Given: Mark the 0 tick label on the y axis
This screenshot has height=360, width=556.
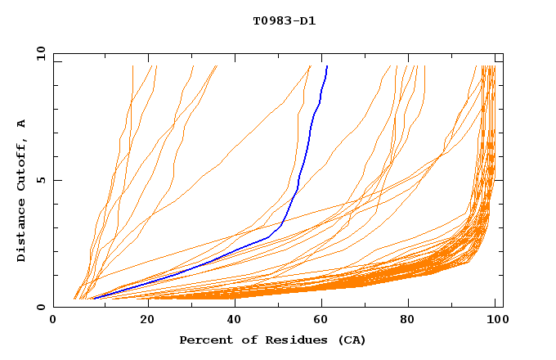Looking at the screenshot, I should [41, 307].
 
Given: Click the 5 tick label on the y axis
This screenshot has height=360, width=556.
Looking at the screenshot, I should [41, 180].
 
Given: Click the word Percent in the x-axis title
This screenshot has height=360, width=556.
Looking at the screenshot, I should [203, 340].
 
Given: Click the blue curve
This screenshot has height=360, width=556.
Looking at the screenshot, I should [298, 176].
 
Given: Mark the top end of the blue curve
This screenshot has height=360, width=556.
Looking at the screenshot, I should [327, 66].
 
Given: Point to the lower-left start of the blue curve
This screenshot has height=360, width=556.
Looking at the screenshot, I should [94, 299].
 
